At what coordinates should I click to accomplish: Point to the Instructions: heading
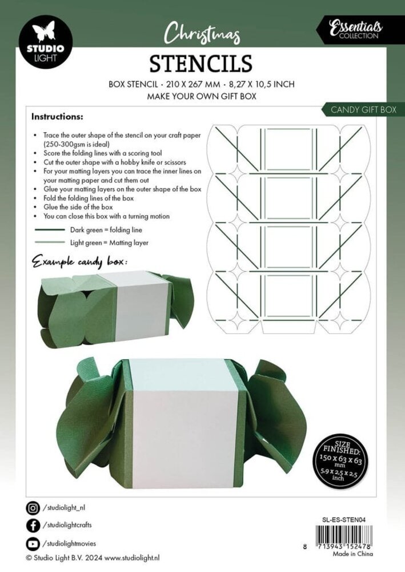tap(57, 117)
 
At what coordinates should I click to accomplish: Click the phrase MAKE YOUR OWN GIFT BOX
tap(202, 96)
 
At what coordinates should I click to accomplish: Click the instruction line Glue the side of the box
tap(77, 206)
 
